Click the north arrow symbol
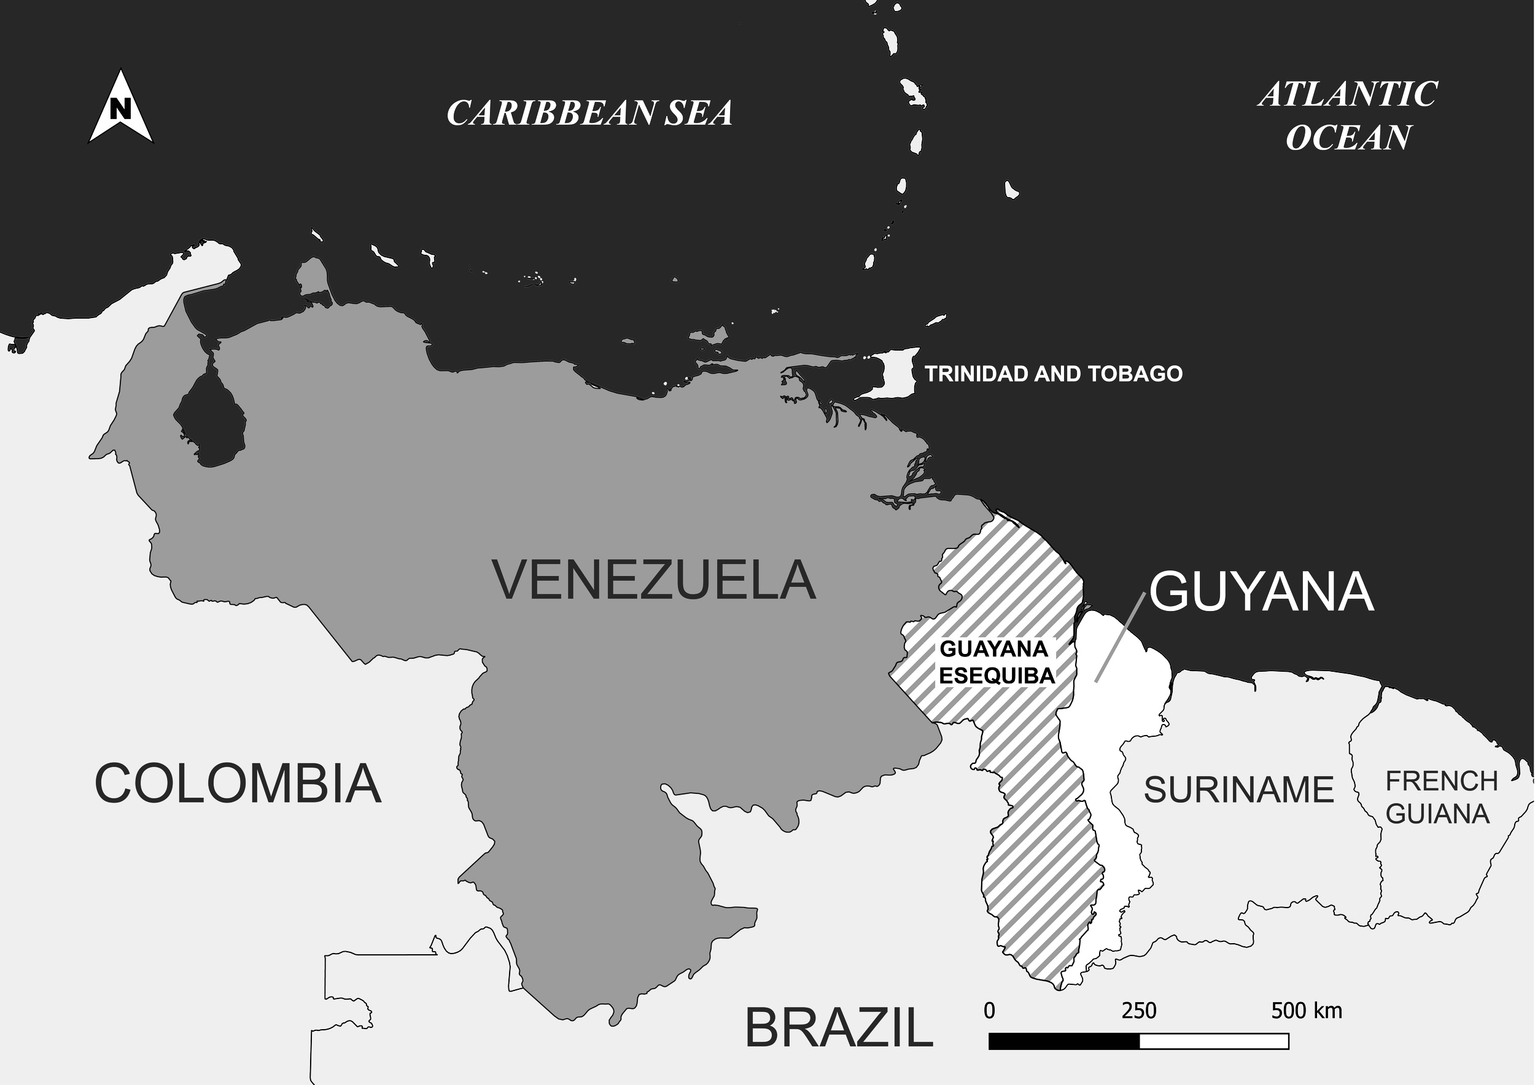pos(120,108)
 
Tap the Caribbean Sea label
pos(589,112)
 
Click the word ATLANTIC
pos(1347,95)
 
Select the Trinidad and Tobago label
pos(1053,374)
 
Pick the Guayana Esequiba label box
pos(995,662)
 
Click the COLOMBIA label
pos(238,784)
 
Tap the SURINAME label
pos(1238,790)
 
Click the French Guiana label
pos(1440,798)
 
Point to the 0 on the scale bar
pos(989,1010)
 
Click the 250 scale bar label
pos(1138,1010)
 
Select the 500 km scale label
pos(1306,1010)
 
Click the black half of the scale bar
pos(1063,1041)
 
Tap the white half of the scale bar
pos(1213,1041)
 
